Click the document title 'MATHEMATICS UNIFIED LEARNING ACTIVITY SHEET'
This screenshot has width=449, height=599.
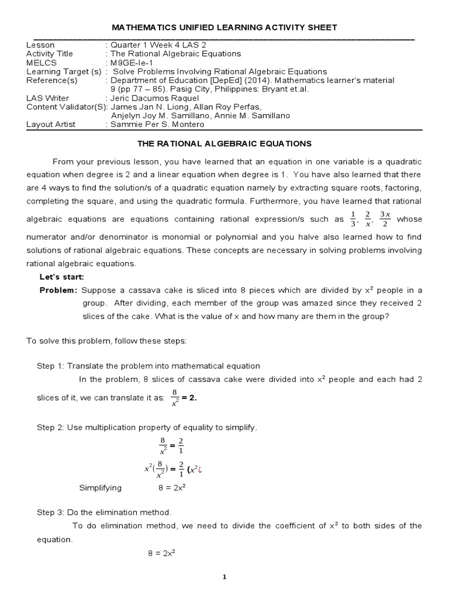[x=224, y=27]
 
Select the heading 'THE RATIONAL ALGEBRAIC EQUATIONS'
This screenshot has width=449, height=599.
[x=224, y=143]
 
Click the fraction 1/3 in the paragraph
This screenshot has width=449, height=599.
[x=353, y=219]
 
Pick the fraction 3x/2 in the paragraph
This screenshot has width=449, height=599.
[x=384, y=219]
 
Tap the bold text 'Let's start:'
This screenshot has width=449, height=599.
[x=62, y=276]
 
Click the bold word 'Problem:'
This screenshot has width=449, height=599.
[x=58, y=290]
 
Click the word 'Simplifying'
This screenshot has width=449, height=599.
[x=100, y=487]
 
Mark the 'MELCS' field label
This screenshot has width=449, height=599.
[x=40, y=62]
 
